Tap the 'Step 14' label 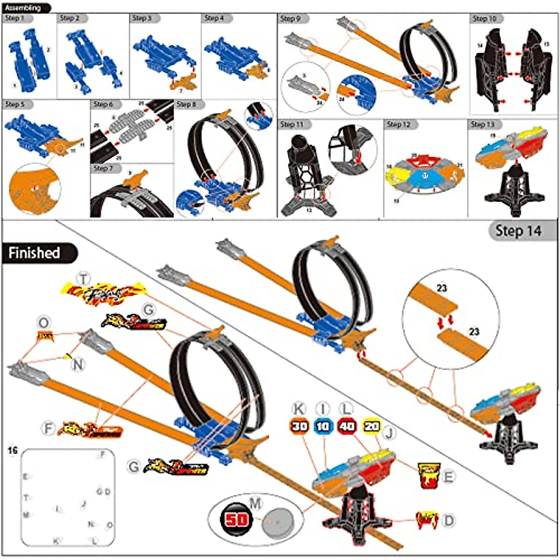coord(518,231)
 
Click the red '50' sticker coord(237,519)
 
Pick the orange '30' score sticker coord(300,426)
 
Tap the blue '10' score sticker coord(323,426)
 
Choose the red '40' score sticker coord(347,426)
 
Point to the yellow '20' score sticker coord(371,426)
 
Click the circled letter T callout coord(84,279)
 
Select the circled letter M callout coord(255,503)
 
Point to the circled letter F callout coord(48,427)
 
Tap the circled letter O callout coord(43,323)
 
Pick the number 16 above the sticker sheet coord(13,450)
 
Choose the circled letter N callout coord(78,364)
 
